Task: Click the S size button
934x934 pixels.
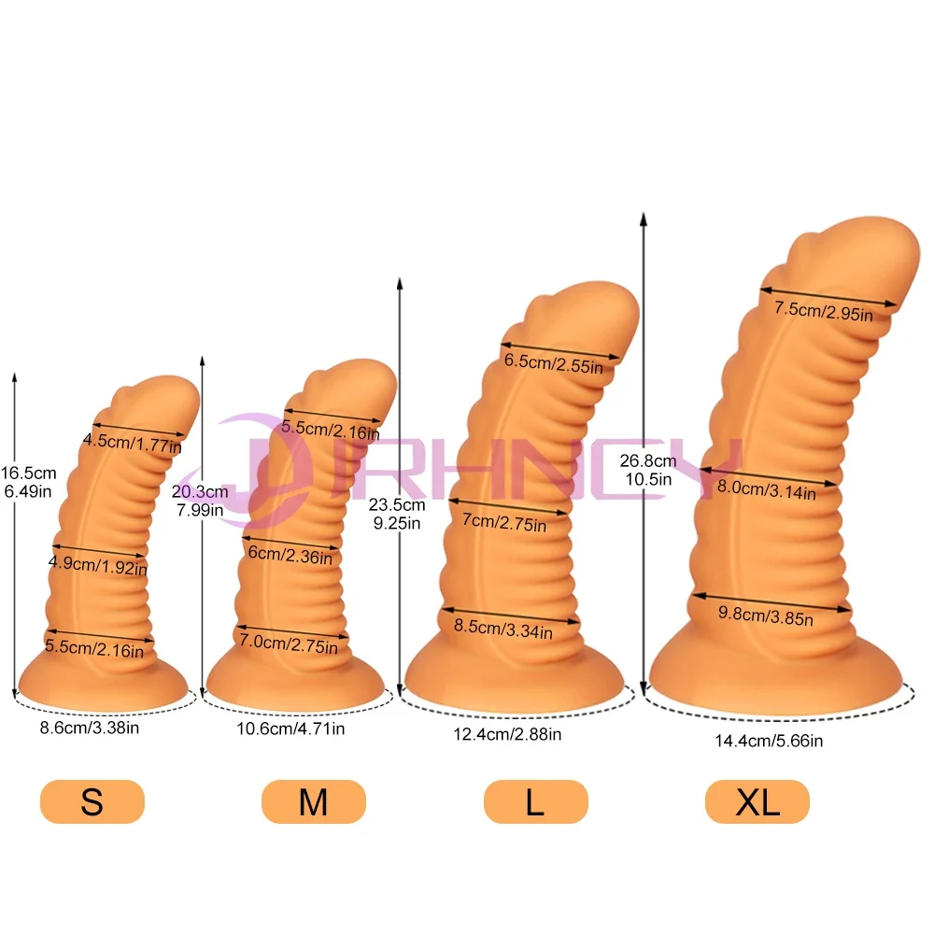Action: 92,801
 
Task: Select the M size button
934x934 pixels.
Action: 313,801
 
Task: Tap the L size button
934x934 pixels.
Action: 535,801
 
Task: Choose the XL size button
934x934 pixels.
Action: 757,801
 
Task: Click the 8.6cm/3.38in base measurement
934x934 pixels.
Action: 90,728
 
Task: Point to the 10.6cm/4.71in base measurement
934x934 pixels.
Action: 290,729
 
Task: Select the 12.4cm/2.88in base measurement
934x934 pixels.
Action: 507,734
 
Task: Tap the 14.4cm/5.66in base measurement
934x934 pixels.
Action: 769,741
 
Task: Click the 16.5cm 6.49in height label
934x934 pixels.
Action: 28,482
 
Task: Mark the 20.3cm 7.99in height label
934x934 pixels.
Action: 200,501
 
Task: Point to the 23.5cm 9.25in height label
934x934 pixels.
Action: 397,514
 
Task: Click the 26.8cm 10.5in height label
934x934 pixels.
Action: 648,470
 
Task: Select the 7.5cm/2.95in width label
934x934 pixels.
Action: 824,311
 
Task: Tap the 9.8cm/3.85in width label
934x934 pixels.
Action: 766,616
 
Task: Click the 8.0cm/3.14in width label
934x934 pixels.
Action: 767,489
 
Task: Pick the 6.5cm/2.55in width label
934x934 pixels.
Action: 554,363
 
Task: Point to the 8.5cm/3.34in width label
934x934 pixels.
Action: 503,629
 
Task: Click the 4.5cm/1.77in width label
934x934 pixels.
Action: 133,443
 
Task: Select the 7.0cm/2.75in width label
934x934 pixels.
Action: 289,644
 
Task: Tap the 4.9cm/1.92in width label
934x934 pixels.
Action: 98,565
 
